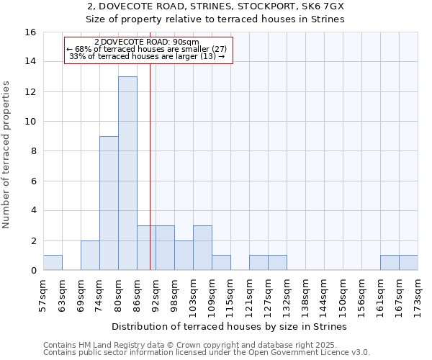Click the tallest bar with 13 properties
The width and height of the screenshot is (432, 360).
pyautogui.click(x=127, y=174)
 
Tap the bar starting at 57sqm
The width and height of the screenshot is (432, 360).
pyautogui.click(x=53, y=263)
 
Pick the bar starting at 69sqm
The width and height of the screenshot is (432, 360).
pyautogui.click(x=90, y=256)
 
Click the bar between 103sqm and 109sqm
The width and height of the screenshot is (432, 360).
pyautogui.click(x=202, y=248)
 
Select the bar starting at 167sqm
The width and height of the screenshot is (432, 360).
pyautogui.click(x=408, y=263)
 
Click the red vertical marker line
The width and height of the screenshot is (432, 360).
pyautogui.click(x=150, y=180)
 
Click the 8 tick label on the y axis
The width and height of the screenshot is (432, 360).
pyautogui.click(x=33, y=151)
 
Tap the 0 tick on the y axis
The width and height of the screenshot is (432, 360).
pyautogui.click(x=33, y=271)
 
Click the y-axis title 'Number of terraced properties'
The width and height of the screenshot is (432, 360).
pyautogui.click(x=7, y=154)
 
